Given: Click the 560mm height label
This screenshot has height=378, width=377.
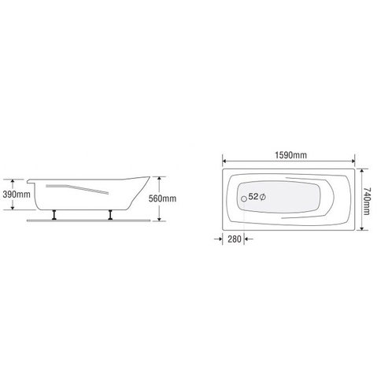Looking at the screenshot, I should pos(163,198).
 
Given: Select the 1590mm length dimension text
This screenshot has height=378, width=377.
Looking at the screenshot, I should pos(291,156).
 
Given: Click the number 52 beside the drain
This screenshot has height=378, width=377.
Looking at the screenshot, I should pos(253,198).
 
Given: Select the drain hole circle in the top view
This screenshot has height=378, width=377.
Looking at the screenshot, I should pos(243,198).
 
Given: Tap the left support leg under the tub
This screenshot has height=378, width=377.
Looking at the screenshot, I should pos(54,213).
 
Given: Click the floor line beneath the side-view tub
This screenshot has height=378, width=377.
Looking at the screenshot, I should pos(87,220).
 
